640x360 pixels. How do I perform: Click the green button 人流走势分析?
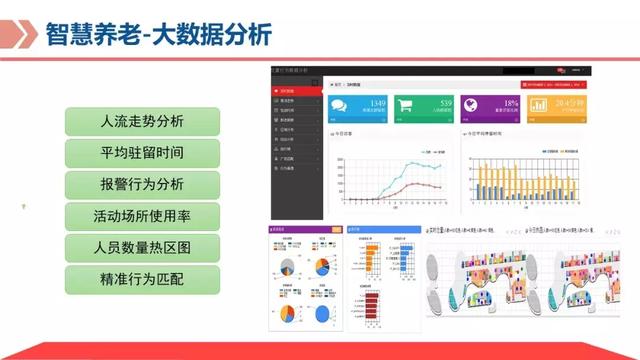click(x=142, y=122)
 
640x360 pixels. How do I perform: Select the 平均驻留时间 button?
click(x=142, y=153)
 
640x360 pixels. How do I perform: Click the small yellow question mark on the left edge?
click(x=24, y=207)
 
